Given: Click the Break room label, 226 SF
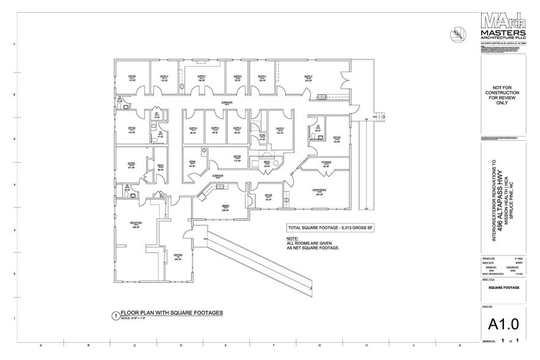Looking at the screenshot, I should point(225,208).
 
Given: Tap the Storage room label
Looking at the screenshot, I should point(326,163).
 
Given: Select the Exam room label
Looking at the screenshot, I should point(192,163).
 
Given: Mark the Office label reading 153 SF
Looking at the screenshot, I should point(337,140).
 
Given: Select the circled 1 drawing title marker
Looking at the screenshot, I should point(114,316).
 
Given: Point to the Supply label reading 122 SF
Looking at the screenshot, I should point(280,130).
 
